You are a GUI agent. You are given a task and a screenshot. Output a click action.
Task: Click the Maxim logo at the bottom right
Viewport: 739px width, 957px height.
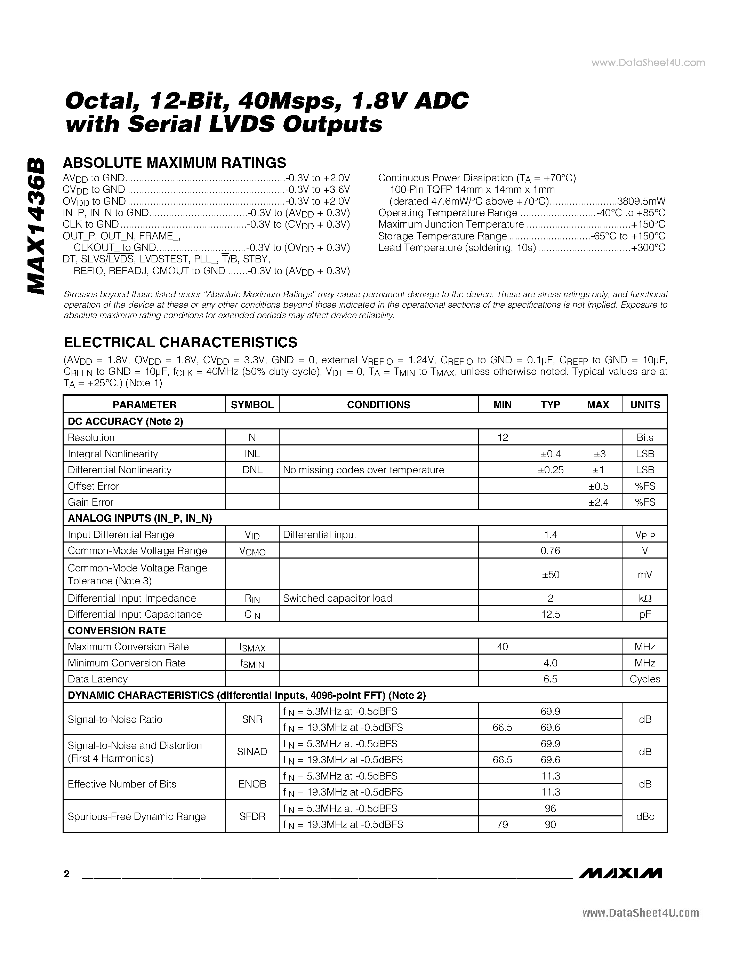pyautogui.click(x=620, y=873)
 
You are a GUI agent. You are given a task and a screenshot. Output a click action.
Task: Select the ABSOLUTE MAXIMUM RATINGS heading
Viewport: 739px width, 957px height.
pyautogui.click(x=174, y=163)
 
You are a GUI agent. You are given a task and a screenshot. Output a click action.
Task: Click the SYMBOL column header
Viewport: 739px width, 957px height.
pyautogui.click(x=252, y=404)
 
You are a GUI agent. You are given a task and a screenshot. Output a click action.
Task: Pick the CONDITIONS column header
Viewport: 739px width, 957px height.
pyautogui.click(x=378, y=404)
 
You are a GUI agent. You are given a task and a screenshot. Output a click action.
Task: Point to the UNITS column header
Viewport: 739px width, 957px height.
pyautogui.click(x=645, y=404)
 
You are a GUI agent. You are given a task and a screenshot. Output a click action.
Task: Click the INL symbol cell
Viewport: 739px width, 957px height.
pyautogui.click(x=252, y=454)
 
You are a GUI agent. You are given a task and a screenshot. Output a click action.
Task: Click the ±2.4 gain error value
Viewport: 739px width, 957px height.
pyautogui.click(x=598, y=503)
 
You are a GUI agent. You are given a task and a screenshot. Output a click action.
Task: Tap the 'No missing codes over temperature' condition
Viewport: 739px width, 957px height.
pyautogui.click(x=363, y=470)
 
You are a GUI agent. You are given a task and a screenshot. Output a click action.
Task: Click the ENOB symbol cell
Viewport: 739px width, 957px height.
pyautogui.click(x=252, y=784)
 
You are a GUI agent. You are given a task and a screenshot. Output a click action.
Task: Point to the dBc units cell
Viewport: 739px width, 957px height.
pyautogui.click(x=645, y=816)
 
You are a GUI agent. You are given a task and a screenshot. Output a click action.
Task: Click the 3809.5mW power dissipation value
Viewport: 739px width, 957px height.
pyautogui.click(x=641, y=201)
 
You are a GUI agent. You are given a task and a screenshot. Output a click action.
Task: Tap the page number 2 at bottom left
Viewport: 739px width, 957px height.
pyautogui.click(x=66, y=874)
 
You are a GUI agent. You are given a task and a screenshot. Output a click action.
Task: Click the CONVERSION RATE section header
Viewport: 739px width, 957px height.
pyautogui.click(x=117, y=631)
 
